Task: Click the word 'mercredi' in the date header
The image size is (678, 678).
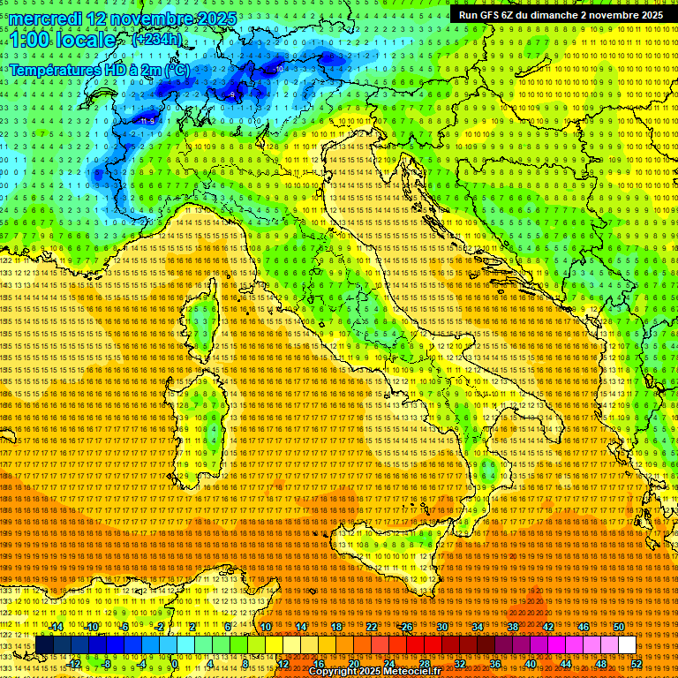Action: coord(48,19)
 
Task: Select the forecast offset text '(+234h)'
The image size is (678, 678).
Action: coord(156,40)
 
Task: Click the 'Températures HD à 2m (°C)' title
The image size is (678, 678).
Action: coord(99,69)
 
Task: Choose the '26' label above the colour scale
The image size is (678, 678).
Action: coord(406,627)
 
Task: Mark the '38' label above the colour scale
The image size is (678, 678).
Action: coord(512,627)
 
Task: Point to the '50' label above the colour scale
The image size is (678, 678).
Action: coord(618,627)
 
